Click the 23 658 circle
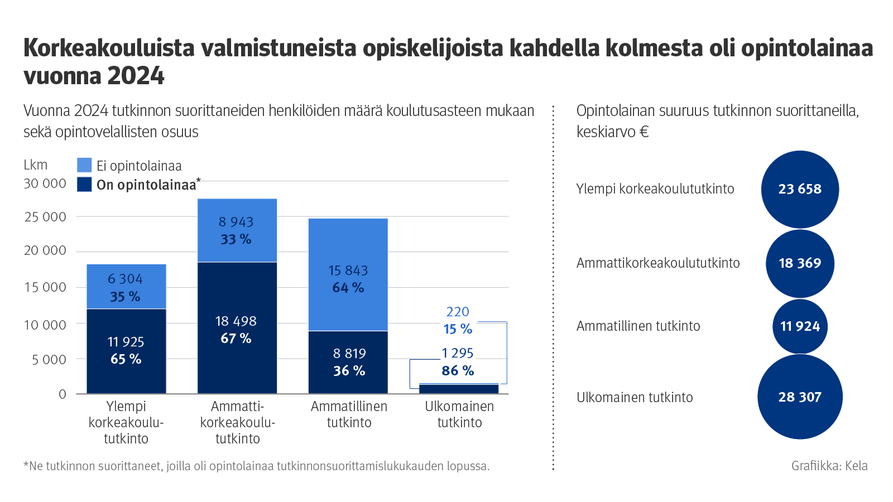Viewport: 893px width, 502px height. [x=800, y=189]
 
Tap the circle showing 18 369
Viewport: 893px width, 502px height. [x=800, y=263]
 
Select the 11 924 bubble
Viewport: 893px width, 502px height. [x=800, y=326]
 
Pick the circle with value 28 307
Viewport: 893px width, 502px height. [x=800, y=397]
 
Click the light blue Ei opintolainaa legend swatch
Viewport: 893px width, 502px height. [x=84, y=165]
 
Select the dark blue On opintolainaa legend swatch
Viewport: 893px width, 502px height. [x=84, y=185]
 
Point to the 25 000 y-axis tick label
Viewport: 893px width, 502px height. [x=45, y=217]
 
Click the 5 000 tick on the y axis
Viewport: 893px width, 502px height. [x=49, y=360]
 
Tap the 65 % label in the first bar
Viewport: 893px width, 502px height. [x=126, y=359]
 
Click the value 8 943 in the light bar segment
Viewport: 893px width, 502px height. [x=236, y=222]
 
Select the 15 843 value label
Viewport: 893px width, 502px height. [x=348, y=271]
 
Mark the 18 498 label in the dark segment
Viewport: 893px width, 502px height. [x=236, y=321]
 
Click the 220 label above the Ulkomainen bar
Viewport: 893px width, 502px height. [x=458, y=312]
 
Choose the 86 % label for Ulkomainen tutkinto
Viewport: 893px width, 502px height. [x=458, y=371]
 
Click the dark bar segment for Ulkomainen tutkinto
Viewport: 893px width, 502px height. [x=459, y=389]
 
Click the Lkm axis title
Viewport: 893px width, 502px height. [x=36, y=165]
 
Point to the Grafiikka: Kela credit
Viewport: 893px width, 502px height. [x=829, y=466]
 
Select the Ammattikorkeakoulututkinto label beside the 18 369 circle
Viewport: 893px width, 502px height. [x=658, y=263]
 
